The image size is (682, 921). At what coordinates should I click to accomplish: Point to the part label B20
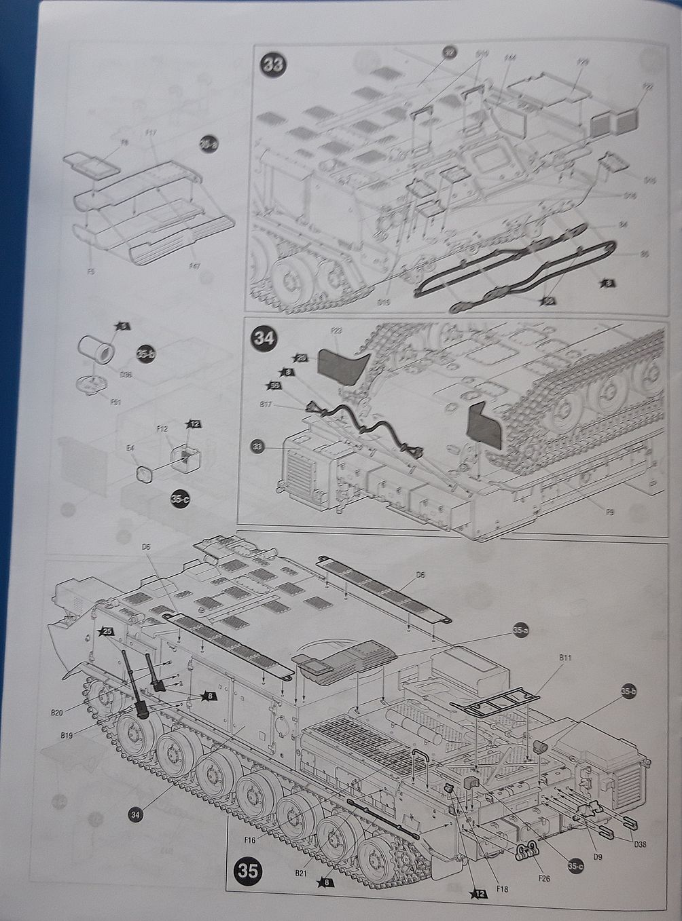tap(57, 713)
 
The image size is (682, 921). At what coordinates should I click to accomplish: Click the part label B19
tap(67, 734)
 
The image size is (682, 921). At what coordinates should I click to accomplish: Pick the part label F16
tap(249, 840)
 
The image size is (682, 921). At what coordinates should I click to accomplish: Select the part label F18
tap(502, 888)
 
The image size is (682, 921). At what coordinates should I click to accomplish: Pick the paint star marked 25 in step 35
tap(106, 631)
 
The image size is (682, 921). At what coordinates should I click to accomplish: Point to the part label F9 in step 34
tap(609, 512)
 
